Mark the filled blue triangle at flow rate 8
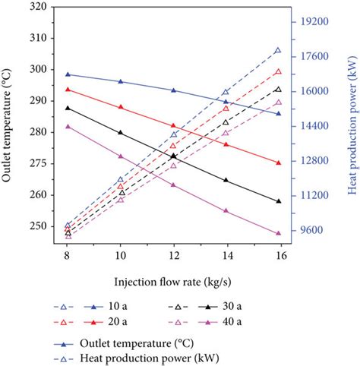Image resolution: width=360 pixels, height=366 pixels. [68, 74]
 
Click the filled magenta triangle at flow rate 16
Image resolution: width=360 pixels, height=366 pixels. [278, 233]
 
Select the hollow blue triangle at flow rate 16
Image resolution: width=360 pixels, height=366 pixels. [278, 50]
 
